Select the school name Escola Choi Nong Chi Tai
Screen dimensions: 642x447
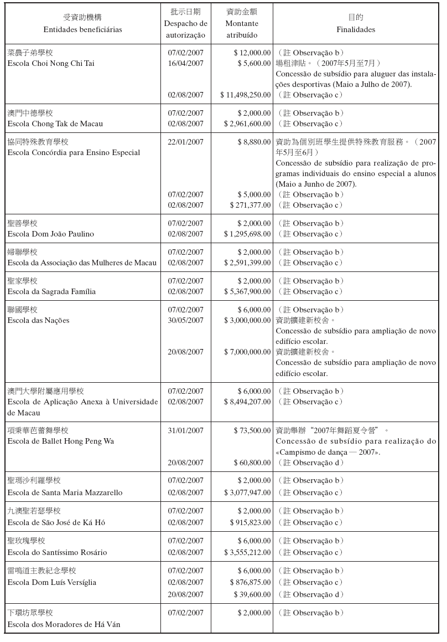tap(51, 63)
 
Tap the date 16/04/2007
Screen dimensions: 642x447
tap(186, 63)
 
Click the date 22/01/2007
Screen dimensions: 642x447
tap(186, 142)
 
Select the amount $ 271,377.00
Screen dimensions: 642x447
tap(250, 205)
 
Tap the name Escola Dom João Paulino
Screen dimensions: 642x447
tap(50, 234)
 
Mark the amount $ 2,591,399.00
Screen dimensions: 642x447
tap(247, 263)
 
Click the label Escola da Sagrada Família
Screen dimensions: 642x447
tap(51, 291)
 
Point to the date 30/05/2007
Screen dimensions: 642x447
tap(186, 320)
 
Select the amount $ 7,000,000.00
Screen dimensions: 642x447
tap(247, 352)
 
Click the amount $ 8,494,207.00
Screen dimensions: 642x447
tap(247, 402)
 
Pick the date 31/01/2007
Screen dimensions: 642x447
tap(186, 430)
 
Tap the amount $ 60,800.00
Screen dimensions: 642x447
tap(252, 463)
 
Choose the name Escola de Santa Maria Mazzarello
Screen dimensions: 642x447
tap(65, 492)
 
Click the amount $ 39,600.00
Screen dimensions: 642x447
tap(252, 594)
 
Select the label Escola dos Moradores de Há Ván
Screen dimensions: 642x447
tap(64, 625)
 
